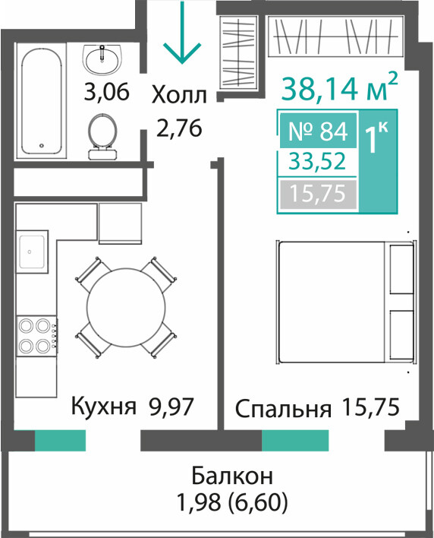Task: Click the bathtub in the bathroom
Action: click(41, 101)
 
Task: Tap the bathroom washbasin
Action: click(102, 60)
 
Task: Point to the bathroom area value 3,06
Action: click(107, 92)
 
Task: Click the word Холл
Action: click(179, 95)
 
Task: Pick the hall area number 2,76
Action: click(179, 128)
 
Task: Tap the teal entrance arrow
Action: click(182, 33)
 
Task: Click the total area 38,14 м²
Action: click(339, 87)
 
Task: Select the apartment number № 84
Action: click(318, 131)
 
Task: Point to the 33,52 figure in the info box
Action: click(317, 162)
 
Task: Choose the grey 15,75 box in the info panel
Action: click(318, 194)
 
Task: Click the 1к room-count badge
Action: click(378, 161)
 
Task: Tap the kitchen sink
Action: click(32, 252)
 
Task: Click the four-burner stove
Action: click(37, 336)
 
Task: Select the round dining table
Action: click(127, 308)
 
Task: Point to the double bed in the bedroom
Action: click(346, 302)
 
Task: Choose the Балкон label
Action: click(232, 476)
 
